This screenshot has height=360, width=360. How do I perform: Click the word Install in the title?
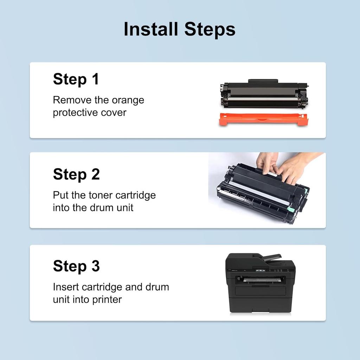click(x=151, y=29)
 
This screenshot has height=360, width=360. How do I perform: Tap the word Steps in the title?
click(x=210, y=30)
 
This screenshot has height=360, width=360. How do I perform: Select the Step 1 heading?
click(x=76, y=79)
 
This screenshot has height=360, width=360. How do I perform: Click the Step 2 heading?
click(x=76, y=174)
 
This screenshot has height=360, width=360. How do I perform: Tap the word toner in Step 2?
click(x=101, y=195)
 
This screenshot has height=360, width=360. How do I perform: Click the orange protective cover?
click(x=263, y=119)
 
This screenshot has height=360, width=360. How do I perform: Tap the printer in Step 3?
click(x=261, y=283)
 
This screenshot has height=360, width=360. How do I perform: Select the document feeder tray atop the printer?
click(x=272, y=258)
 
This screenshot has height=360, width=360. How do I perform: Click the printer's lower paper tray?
click(x=261, y=291)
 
